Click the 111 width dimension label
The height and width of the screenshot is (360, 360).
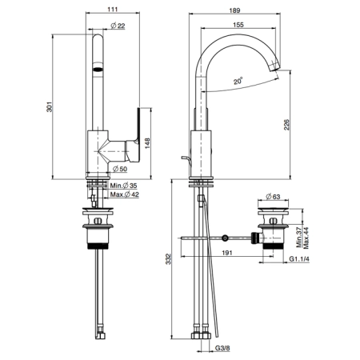[113, 10]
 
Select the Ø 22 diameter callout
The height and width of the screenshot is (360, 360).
[118, 26]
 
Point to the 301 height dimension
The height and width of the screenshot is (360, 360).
[50, 107]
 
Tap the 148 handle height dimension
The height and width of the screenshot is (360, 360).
[147, 143]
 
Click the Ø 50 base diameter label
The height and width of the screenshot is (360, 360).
[120, 169]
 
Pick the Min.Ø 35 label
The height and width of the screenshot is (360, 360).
[123, 186]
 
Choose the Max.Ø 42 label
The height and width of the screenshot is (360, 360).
[125, 194]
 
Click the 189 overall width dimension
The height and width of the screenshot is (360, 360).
[234, 10]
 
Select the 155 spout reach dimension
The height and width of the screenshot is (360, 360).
[238, 25]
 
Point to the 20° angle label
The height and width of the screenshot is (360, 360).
[238, 81]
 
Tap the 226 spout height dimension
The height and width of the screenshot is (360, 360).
[286, 125]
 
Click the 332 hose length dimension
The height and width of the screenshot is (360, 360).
[168, 259]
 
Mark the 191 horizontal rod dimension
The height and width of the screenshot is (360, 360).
[227, 253]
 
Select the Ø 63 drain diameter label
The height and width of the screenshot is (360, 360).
[273, 197]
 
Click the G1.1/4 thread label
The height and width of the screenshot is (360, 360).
[299, 258]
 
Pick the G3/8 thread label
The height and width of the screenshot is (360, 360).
[222, 348]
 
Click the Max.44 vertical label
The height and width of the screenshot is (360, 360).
[306, 238]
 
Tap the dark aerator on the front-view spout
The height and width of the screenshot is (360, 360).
[98, 70]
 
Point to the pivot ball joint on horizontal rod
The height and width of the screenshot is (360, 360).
[226, 238]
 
